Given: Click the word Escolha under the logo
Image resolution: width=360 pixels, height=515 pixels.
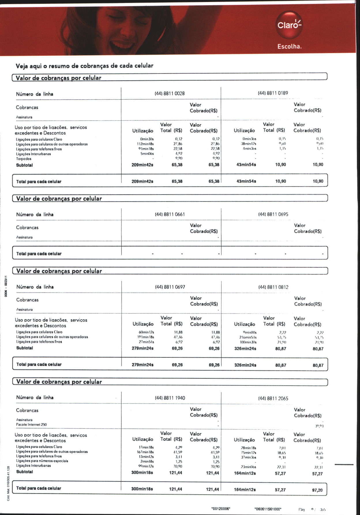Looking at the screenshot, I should click(x=289, y=46).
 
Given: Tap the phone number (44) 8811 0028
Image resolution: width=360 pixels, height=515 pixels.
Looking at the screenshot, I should click(x=170, y=94).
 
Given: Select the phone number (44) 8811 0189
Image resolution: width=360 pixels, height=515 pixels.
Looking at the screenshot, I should click(x=273, y=93).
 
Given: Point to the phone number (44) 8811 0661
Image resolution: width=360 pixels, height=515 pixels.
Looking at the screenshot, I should click(x=170, y=214).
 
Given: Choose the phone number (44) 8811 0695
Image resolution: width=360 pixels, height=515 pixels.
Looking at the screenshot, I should click(x=273, y=214).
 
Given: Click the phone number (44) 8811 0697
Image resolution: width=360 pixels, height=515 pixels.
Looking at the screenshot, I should click(x=170, y=287).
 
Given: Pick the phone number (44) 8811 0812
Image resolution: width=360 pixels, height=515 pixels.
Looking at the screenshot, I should click(x=273, y=287).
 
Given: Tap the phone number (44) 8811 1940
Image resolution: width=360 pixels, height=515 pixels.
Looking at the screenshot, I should click(x=170, y=398).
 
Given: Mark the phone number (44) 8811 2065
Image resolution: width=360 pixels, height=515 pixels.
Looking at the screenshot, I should click(x=273, y=398).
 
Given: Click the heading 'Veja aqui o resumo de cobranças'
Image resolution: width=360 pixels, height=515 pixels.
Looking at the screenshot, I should click(x=85, y=66).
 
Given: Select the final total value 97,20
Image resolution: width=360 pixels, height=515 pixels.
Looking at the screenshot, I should click(x=317, y=490).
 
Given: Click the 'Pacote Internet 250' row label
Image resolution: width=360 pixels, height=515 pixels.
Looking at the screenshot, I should click(x=31, y=425).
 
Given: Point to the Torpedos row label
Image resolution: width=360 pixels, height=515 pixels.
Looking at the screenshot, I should click(x=24, y=159).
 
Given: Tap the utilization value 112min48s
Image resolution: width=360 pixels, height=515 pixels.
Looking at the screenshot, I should click(x=145, y=144).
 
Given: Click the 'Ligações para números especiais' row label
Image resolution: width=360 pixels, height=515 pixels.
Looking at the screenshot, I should click(x=42, y=461).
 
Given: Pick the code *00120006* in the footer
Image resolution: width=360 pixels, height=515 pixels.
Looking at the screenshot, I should click(x=221, y=509).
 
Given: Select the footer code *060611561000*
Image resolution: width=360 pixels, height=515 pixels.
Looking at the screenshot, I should click(x=268, y=509).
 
